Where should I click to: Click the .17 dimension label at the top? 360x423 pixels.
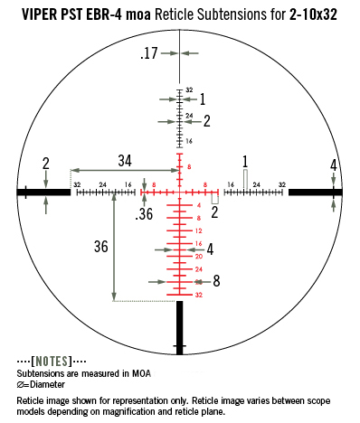pos(149,53)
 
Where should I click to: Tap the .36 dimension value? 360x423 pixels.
pos(144,214)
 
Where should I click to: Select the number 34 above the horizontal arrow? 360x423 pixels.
pos(125,161)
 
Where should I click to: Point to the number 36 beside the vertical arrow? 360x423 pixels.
pos(101,247)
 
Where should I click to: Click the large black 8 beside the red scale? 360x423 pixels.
pos(216,281)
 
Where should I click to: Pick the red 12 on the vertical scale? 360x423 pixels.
pos(199,231)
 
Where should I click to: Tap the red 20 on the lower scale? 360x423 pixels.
pos(199,257)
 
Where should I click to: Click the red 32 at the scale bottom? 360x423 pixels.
pos(199,295)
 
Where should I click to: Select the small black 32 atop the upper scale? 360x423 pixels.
pos(189,89)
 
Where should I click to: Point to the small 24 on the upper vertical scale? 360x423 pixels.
pos(189,116)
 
